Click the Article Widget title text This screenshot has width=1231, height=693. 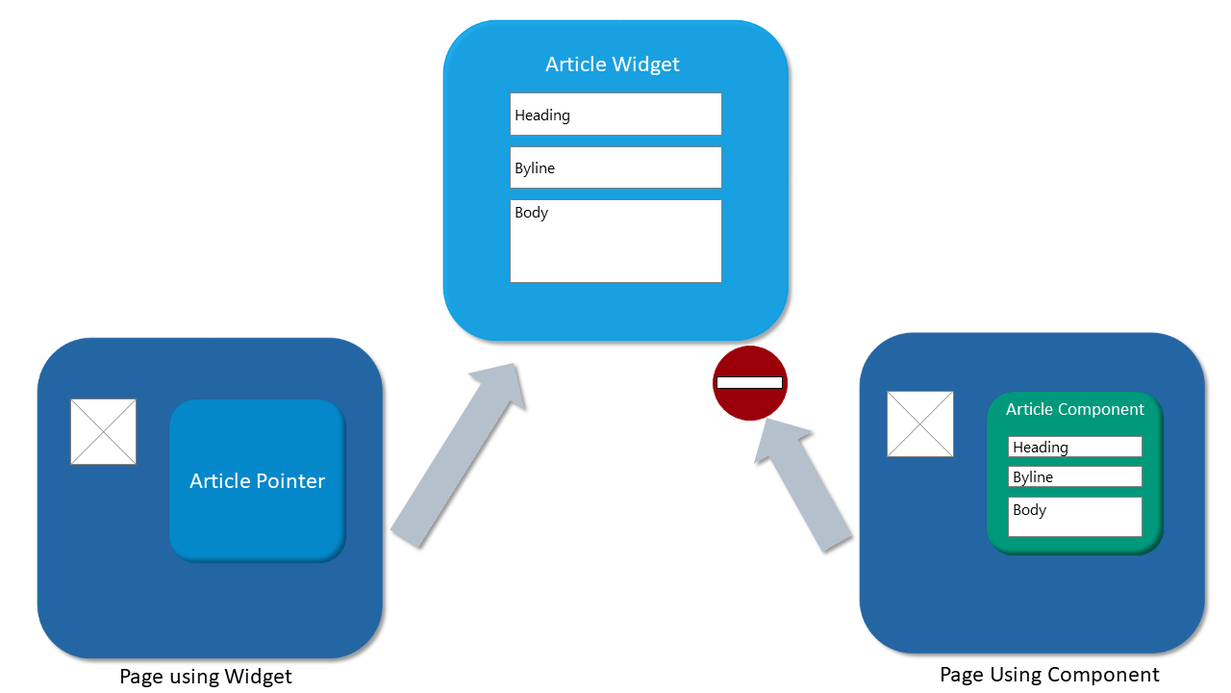[613, 64]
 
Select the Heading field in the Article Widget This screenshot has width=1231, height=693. [615, 115]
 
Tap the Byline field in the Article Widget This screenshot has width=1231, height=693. [615, 167]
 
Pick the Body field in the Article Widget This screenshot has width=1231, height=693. [615, 241]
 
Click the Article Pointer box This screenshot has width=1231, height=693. [257, 480]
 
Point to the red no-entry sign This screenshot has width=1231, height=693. [750, 382]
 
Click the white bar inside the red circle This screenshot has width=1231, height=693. [750, 382]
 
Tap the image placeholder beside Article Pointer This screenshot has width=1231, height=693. [104, 431]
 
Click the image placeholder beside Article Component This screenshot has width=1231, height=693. [920, 423]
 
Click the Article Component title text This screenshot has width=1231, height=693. [1075, 409]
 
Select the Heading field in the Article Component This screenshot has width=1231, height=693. [1075, 447]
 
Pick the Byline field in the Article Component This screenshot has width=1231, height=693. [1075, 476]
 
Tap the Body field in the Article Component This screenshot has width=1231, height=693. [1075, 517]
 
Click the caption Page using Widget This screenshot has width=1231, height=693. [206, 677]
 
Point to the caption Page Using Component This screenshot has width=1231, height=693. [1049, 675]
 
